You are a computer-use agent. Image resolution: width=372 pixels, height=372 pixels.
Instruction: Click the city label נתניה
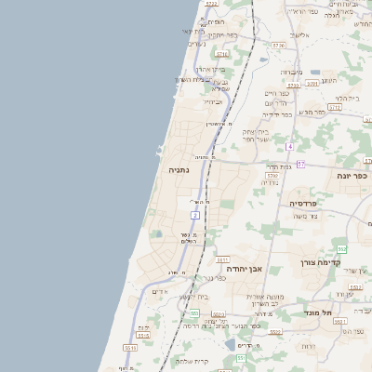(x=179, y=171)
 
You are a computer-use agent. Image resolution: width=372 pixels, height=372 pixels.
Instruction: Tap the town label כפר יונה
(x=353, y=174)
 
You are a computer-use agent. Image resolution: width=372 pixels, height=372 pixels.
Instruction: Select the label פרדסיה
(x=304, y=202)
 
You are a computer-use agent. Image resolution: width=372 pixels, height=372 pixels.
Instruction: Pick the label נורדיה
(x=270, y=182)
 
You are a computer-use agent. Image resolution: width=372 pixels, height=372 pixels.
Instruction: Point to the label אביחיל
(x=213, y=101)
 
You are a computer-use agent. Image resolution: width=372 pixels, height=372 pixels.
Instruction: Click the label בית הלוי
(x=342, y=98)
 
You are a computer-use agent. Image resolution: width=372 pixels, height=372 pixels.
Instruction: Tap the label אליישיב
(x=299, y=34)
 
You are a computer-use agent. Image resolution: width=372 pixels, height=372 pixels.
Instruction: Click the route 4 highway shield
(x=289, y=146)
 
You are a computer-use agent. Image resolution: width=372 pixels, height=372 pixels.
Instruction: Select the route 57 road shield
(x=299, y=165)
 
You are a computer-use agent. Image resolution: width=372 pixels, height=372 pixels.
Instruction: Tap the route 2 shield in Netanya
(x=195, y=215)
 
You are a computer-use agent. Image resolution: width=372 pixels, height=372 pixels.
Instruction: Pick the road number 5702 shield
(x=272, y=174)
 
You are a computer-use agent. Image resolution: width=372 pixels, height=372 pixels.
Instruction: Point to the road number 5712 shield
(x=335, y=107)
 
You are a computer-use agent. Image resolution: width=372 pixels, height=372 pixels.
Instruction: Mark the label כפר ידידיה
(x=277, y=114)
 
